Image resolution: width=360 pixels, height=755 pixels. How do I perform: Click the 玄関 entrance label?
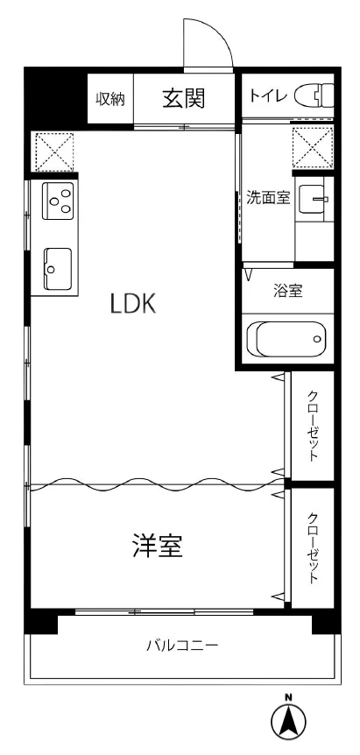tap(184, 99)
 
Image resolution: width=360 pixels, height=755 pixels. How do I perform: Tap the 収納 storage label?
tap(110, 99)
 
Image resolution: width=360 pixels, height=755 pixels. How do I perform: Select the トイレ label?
tap(268, 95)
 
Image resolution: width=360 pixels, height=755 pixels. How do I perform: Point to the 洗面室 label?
tap(268, 198)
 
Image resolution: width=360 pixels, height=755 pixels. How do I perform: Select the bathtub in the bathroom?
tap(286, 339)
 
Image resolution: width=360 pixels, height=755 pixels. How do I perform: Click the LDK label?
tap(133, 304)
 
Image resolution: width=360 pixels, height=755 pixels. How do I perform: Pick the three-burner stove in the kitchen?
tap(59, 201)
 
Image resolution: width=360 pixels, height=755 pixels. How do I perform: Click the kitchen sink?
tap(58, 268)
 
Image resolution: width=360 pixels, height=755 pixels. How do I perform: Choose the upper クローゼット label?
tap(313, 426)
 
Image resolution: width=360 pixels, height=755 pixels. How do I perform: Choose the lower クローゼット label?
tap(313, 548)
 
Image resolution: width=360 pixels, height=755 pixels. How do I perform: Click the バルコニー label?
tap(183, 645)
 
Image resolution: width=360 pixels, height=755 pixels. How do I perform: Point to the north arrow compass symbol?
tap(288, 722)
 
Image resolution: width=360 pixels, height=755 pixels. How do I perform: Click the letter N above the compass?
tap(288, 696)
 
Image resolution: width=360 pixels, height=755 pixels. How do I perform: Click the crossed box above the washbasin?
tap(313, 147)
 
